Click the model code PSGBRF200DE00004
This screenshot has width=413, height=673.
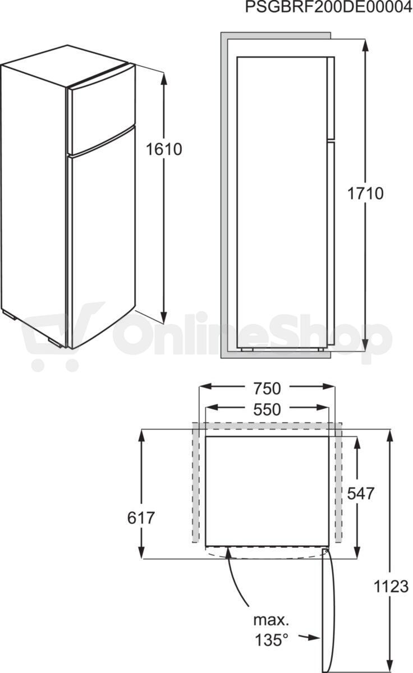[328, 7]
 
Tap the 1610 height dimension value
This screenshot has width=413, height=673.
[164, 149]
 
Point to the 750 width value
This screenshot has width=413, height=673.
[267, 388]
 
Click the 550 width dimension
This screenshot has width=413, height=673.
[267, 409]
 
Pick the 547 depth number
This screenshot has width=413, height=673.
[361, 493]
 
